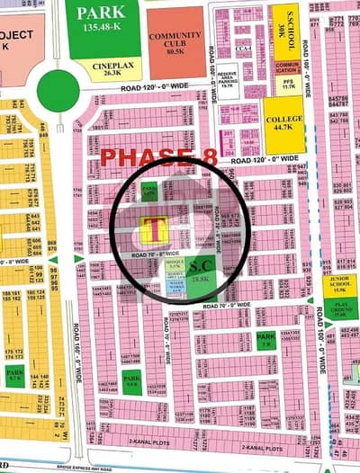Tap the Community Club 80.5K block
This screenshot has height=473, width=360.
click(175, 41)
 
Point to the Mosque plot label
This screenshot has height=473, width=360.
click(175, 265)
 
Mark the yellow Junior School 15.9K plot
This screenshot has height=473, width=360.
click(341, 285)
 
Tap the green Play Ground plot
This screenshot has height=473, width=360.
click(340, 308)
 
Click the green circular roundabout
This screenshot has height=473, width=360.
click(58, 92)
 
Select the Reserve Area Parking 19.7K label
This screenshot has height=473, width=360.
click(226, 81)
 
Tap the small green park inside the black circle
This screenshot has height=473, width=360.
click(149, 191)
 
